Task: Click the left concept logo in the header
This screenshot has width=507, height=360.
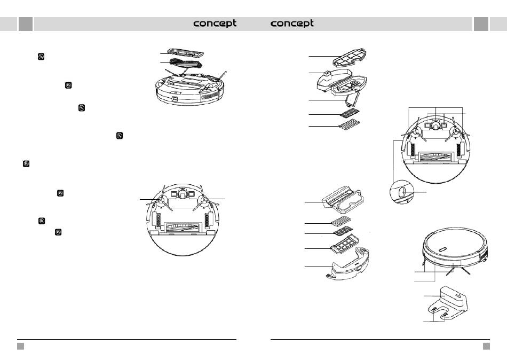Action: point(215,24)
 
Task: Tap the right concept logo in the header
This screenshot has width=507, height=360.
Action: point(291,24)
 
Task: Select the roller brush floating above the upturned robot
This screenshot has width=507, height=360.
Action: point(186,64)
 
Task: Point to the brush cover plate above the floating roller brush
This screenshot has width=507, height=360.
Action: point(186,53)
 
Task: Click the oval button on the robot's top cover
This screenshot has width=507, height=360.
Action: point(443,249)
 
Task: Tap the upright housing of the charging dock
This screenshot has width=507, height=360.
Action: point(453,297)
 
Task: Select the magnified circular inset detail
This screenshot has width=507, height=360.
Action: point(401,192)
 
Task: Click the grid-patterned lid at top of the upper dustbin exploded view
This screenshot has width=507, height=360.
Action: point(350,58)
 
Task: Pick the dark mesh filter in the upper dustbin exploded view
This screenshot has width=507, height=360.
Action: point(349,113)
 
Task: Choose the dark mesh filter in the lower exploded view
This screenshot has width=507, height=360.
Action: point(343,231)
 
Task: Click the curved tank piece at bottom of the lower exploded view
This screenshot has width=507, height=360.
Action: point(348,264)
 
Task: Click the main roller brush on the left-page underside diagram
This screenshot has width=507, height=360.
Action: point(182,227)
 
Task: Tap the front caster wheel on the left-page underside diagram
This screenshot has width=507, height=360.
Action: point(183,193)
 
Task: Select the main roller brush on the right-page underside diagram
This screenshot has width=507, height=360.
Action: point(435,156)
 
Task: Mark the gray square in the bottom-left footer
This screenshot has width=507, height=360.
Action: point(20,347)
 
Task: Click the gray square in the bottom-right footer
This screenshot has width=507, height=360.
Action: point(486,347)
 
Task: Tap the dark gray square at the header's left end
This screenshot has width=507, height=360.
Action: point(26,24)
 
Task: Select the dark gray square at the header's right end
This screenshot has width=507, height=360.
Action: point(481,24)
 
